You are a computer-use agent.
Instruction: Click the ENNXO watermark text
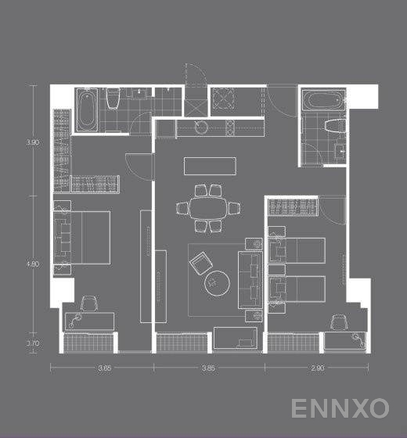pyautogui.click(x=340, y=408)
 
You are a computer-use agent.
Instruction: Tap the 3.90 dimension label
pyautogui.click(x=32, y=142)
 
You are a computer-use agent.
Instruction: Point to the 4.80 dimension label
pyautogui.click(x=32, y=264)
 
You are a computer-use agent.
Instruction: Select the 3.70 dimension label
pyautogui.click(x=32, y=343)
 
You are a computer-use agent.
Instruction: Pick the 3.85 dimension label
pyautogui.click(x=208, y=368)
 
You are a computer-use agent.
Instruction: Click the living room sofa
pyautogui.click(x=251, y=277)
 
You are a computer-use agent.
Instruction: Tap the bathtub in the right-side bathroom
pyautogui.click(x=322, y=102)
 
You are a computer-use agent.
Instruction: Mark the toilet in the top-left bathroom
pyautogui.click(x=112, y=98)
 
